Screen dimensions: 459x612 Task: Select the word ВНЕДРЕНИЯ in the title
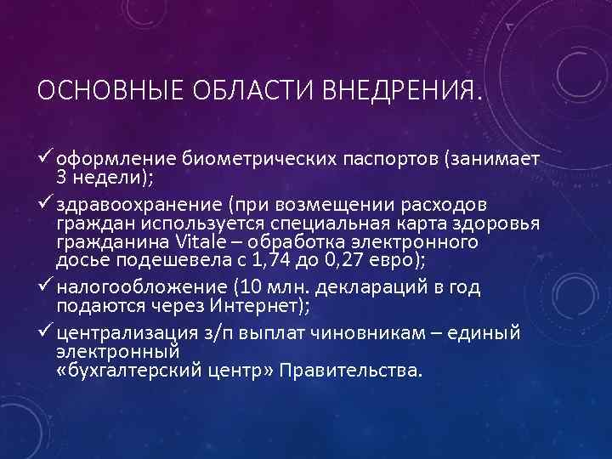point(399,89)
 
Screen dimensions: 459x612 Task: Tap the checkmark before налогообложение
point(45,286)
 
